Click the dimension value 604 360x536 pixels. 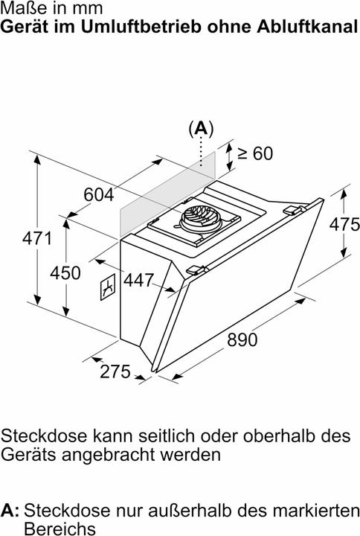tap(99, 195)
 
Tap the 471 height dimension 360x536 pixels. tap(38, 238)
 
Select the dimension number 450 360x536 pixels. tap(65, 272)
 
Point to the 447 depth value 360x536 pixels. tap(138, 280)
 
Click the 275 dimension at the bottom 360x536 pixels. tap(115, 371)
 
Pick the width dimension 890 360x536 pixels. tap(242, 339)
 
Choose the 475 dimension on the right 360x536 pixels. tap(344, 225)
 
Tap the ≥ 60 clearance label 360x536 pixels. tap(255, 153)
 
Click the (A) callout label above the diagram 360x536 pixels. tap(201, 129)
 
